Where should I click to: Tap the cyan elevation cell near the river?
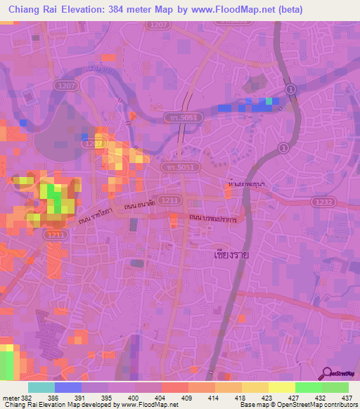[x=267, y=103]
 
